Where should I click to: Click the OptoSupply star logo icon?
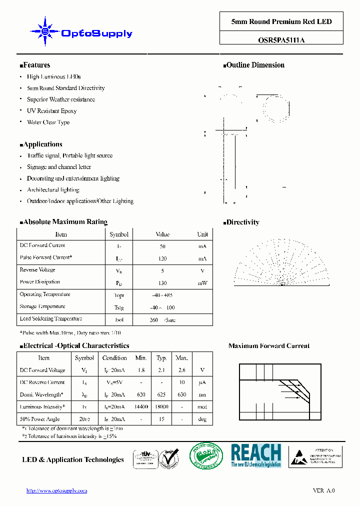pyautogui.click(x=44, y=31)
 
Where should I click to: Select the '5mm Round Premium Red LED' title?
pyautogui.click(x=281, y=21)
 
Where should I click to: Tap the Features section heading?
pyautogui.click(x=36, y=65)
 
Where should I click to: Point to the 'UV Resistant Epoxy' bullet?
pyautogui.click(x=51, y=111)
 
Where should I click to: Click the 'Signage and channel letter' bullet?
pyautogui.click(x=59, y=167)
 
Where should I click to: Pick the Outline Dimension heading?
pyautogui.click(x=254, y=65)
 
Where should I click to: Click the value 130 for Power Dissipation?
pyautogui.click(x=162, y=283)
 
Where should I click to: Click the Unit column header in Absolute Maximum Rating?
pyautogui.click(x=202, y=234)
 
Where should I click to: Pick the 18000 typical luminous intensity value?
pyautogui.click(x=161, y=407)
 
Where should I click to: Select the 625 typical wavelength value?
pyautogui.click(x=161, y=394)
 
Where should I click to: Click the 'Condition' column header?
pyautogui.click(x=114, y=358)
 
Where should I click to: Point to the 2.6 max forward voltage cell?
pyautogui.click(x=181, y=370)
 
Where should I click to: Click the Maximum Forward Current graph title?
pyautogui.click(x=269, y=346)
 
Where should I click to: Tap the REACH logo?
pyautogui.click(x=256, y=455)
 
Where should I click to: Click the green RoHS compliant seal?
pyautogui.click(x=206, y=456)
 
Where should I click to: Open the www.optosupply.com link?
pyautogui.click(x=56, y=491)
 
